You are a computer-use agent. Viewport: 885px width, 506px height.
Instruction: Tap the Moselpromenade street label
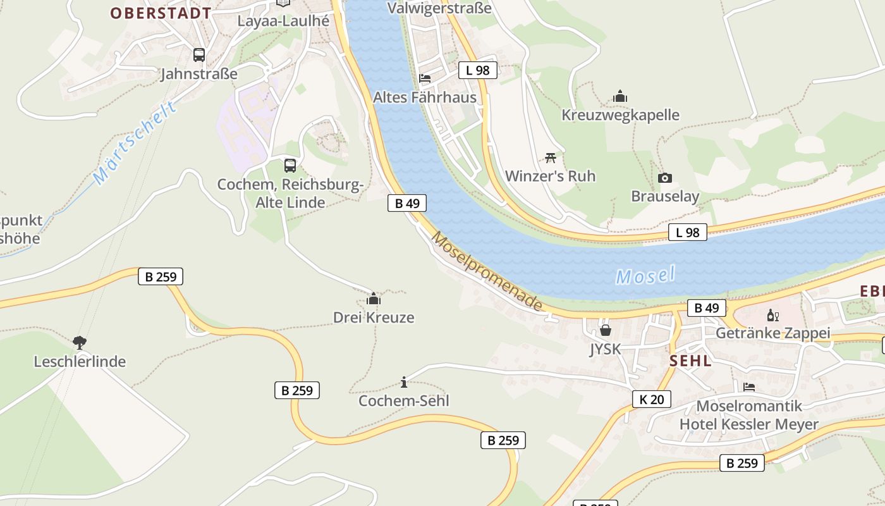487,271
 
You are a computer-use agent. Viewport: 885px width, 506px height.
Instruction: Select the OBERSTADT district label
161,13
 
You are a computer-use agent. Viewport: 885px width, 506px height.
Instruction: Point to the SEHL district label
690,361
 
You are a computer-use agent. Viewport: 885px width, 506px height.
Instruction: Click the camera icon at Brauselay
664,178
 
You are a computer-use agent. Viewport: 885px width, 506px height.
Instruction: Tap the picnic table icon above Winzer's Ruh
551,157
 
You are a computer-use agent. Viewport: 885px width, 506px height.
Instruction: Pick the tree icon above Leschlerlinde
80,343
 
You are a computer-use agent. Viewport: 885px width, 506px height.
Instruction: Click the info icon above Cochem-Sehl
404,382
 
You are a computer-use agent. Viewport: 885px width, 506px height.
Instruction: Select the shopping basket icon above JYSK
606,330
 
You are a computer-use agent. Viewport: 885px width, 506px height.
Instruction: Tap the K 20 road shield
651,399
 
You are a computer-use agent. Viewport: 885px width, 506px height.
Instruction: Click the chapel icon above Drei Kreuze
374,299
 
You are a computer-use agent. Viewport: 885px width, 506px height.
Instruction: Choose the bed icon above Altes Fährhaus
425,78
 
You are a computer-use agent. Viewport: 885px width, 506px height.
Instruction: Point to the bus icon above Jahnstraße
199,55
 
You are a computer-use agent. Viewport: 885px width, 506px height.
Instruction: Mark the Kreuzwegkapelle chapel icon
620,97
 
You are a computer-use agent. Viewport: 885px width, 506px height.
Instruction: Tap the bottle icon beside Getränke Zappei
772,315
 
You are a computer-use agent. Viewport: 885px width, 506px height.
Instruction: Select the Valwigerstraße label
439,8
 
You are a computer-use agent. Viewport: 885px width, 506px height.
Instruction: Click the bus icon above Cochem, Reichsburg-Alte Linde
290,166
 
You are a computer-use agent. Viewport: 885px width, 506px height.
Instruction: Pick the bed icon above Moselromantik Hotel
749,387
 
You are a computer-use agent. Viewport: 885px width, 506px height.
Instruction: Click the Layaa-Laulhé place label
283,21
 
